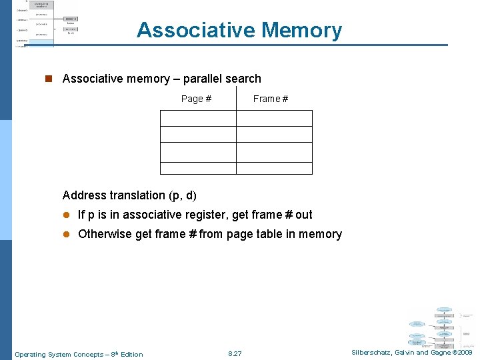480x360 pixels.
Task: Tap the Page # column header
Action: (x=196, y=99)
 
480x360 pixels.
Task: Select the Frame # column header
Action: (x=271, y=99)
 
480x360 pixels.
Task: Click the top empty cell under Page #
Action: (x=198, y=118)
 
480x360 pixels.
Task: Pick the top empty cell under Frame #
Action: (x=274, y=118)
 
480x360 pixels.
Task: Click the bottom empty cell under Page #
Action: (x=198, y=168)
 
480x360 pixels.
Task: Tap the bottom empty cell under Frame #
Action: (x=274, y=168)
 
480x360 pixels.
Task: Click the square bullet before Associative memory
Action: (x=48, y=79)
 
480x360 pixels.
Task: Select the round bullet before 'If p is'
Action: (x=67, y=215)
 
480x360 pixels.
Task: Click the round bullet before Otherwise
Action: (x=67, y=234)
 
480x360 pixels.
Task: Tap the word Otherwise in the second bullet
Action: (x=105, y=234)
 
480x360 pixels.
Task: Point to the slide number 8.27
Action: (x=235, y=353)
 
